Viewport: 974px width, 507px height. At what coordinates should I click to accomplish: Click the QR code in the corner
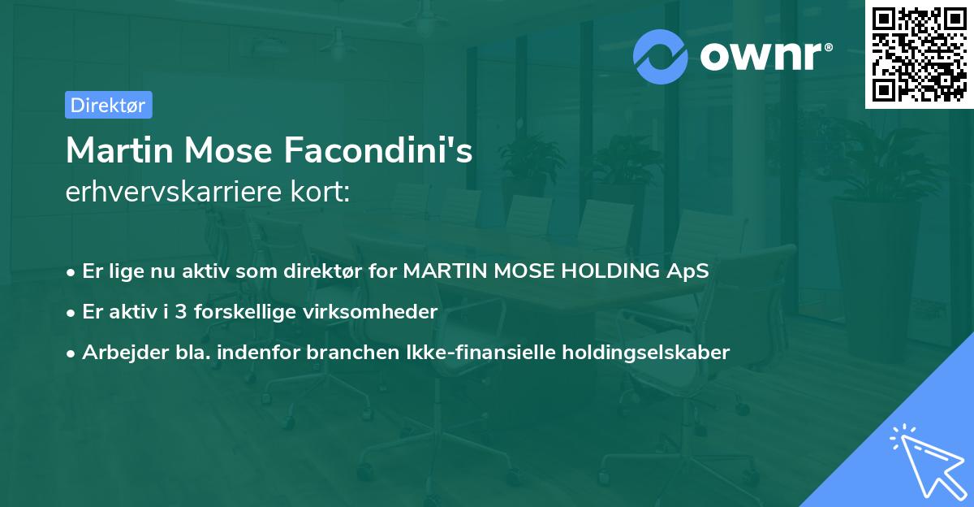point(920,54)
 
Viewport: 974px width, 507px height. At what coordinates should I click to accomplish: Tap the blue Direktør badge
point(108,105)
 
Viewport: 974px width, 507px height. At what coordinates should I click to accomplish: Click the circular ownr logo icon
point(661,56)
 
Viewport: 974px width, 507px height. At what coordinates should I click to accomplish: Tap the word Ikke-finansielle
point(485,352)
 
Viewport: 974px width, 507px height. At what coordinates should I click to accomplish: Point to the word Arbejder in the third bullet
point(117,352)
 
